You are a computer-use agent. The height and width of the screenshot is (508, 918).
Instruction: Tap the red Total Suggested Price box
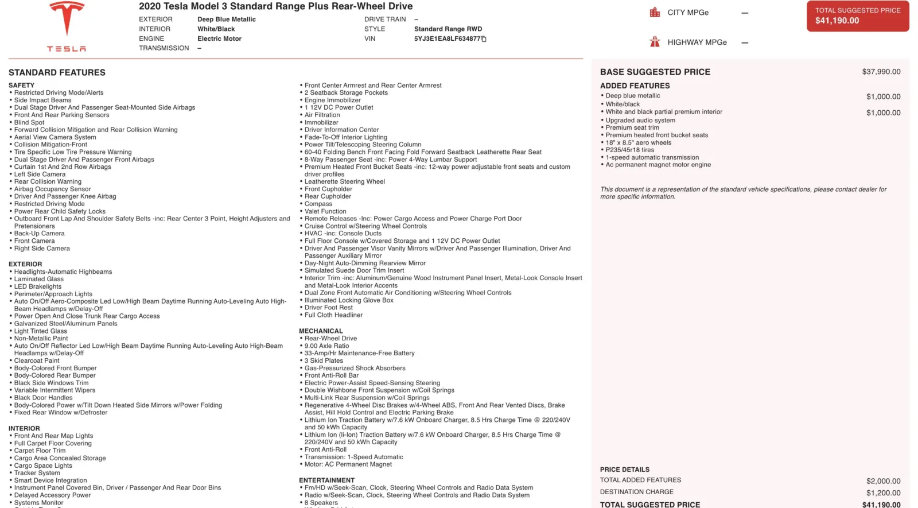tap(857, 16)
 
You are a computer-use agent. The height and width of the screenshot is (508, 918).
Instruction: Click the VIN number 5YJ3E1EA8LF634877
tap(447, 39)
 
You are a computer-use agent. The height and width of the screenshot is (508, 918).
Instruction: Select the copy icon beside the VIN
tap(484, 39)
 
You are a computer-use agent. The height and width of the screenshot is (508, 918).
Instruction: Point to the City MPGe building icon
tap(655, 12)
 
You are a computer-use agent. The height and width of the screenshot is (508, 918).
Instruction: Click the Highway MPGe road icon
tap(655, 42)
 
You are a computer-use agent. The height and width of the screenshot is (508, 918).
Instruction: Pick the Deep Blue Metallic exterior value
tap(227, 20)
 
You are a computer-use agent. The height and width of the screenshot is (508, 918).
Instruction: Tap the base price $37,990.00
tap(881, 72)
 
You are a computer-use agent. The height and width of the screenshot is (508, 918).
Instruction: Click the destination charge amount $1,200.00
tap(883, 493)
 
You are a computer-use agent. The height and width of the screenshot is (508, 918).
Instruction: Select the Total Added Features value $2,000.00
tap(883, 481)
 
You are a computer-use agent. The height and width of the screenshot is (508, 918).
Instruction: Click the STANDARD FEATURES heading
tap(57, 72)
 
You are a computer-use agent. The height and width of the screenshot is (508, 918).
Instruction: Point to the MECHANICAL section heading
tap(321, 331)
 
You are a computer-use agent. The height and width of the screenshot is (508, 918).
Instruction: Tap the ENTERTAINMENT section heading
tap(326, 480)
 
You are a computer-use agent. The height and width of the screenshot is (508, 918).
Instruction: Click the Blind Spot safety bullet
tap(29, 122)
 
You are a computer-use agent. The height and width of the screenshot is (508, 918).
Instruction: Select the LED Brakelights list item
tap(38, 286)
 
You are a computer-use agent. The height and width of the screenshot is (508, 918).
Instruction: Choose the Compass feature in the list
tap(318, 204)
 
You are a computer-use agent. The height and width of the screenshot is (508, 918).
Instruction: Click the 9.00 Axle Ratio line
tap(326, 346)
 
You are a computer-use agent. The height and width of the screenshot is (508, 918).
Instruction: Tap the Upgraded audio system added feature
tap(640, 121)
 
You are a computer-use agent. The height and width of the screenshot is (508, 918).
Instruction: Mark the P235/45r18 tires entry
tap(630, 150)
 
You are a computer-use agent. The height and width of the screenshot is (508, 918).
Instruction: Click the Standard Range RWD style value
tap(448, 29)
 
